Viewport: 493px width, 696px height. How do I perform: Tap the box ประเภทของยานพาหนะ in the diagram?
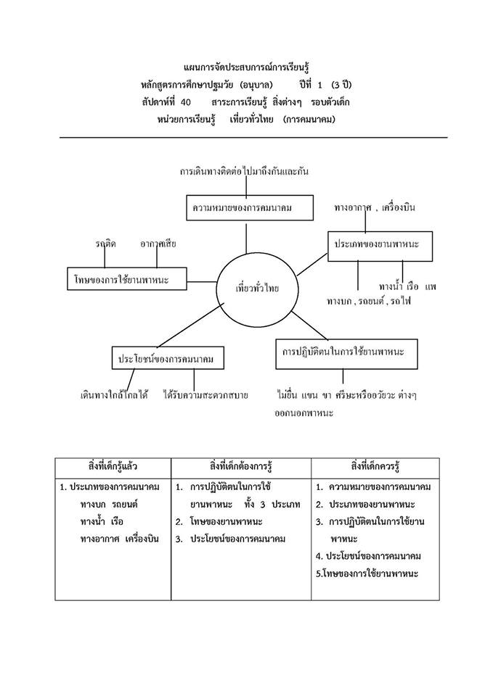click(379, 246)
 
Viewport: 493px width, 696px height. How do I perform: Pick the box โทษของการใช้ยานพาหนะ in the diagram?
click(127, 278)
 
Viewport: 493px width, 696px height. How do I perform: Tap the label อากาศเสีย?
click(158, 244)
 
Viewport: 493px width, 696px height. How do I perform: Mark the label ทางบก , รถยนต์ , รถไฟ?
click(368, 300)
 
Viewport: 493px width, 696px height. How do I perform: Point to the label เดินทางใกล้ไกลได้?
click(114, 395)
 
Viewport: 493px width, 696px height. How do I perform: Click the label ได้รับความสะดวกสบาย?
click(205, 395)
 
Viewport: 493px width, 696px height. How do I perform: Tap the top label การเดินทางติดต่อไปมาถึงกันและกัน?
click(245, 172)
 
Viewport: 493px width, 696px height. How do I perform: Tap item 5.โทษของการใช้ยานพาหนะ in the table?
click(368, 573)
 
